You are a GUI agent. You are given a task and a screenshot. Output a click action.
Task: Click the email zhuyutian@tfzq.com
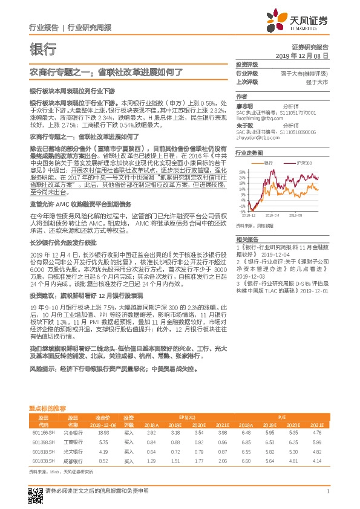253,137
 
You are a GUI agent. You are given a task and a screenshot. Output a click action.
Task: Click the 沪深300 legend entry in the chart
302,163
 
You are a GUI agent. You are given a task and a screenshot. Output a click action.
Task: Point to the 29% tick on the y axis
242,173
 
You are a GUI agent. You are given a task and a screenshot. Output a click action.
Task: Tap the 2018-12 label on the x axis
250,215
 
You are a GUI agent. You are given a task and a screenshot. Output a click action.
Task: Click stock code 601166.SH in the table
42,433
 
